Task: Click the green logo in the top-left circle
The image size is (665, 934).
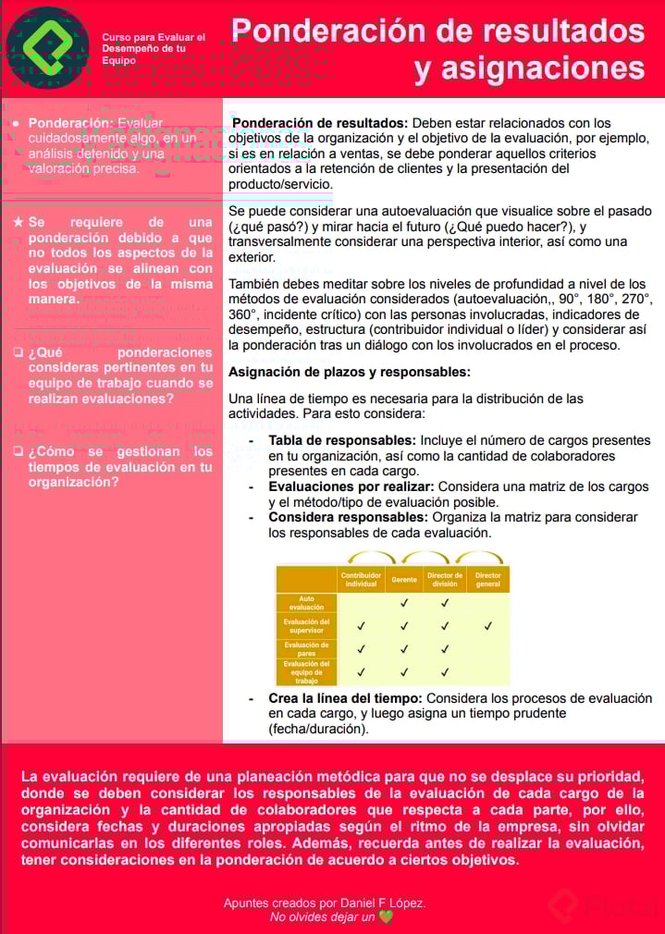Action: coord(47,47)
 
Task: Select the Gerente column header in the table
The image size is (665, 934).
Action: coord(404,580)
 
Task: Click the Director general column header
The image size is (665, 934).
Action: coord(487,580)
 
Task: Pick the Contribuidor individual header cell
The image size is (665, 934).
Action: coord(361,580)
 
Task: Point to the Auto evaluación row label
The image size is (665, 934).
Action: coord(306,602)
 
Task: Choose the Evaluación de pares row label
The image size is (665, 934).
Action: coord(306,649)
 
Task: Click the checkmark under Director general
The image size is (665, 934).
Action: coord(487,626)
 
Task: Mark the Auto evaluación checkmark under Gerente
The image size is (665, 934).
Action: coord(404,603)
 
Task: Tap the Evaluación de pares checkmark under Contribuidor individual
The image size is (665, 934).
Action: coord(361,649)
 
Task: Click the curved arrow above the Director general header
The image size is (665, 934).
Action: coord(480,558)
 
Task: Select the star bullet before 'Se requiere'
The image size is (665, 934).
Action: coord(18,223)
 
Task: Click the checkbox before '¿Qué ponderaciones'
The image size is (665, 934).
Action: coord(18,352)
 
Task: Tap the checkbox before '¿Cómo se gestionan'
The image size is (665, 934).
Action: coord(18,452)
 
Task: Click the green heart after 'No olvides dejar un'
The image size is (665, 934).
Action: coord(386,917)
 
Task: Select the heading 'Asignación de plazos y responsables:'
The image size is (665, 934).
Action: coord(350,372)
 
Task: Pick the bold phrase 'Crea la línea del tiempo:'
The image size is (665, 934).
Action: coord(345,698)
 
